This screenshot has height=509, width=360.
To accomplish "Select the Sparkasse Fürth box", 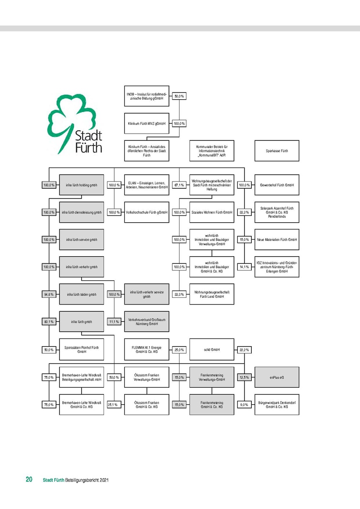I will pos(276,151).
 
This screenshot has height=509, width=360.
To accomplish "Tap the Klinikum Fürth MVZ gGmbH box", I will pos(146,123).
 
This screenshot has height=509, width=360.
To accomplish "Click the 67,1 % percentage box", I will pos(179,185).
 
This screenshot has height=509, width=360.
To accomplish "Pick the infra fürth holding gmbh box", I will pos(82,185).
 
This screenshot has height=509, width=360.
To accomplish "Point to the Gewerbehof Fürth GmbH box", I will pos(276,185).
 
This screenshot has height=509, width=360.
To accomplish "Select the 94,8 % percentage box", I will pos(49,294).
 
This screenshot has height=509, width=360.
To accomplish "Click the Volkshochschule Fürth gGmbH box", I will pos(146,212).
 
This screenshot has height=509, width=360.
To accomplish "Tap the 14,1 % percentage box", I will pos(244,267).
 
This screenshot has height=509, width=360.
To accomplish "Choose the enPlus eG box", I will pos(276,377).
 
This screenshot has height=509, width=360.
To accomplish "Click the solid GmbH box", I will pos(211,350).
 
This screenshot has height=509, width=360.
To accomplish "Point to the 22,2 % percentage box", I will pos(244,350).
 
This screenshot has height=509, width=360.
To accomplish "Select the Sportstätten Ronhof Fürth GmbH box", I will pos(82,350).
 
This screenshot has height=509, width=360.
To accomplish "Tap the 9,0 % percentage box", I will pos(244,405).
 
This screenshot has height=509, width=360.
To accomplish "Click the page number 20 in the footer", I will pos(29,480).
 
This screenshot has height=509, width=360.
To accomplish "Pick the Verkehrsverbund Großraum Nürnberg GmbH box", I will pos(146,322).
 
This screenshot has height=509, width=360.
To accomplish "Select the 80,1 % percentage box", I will pos(49,322).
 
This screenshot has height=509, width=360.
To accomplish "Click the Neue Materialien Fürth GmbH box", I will pos(276,240).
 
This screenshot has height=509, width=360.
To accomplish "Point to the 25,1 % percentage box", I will pos(114,405).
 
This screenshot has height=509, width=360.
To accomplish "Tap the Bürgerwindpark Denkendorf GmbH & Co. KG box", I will pos(276,405).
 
